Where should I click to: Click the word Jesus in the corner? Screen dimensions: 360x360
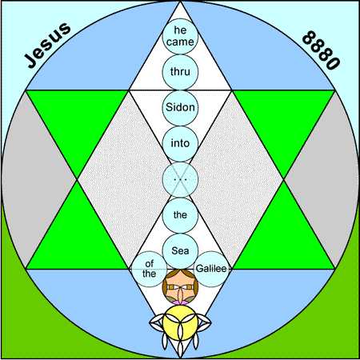(x=48, y=45)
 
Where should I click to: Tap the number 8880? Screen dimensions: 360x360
(x=322, y=50)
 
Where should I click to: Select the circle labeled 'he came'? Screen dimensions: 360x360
(x=180, y=36)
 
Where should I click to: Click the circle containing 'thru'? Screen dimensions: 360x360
(x=180, y=72)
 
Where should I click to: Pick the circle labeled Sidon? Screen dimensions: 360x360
(x=180, y=108)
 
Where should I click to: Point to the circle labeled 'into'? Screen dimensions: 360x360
(x=180, y=143)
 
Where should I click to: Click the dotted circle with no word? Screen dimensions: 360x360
(x=180, y=179)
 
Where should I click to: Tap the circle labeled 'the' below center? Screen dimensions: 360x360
(x=180, y=215)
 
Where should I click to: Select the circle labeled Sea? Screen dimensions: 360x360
(x=180, y=251)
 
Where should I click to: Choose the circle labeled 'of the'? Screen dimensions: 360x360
(x=150, y=269)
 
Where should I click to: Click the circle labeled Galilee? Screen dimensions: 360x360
(x=211, y=269)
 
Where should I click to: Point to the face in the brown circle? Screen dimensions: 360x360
(x=180, y=286)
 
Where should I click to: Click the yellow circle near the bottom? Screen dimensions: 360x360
(x=180, y=322)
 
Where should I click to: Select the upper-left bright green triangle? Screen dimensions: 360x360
(x=77, y=120)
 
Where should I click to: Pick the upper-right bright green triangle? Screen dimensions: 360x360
(x=283, y=120)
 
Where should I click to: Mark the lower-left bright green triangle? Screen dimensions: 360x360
(x=77, y=238)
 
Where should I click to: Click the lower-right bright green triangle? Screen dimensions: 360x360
(x=283, y=238)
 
